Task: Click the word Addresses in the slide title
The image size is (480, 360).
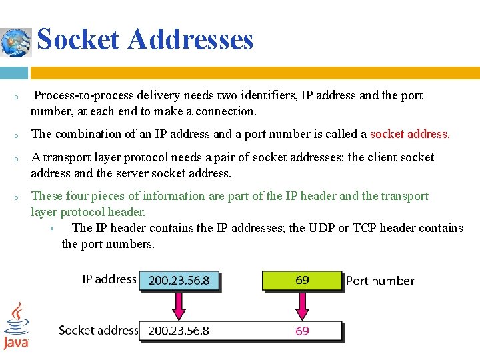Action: tap(191, 39)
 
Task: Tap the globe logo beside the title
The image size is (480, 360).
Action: tap(16, 42)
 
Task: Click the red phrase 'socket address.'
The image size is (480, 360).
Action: tap(410, 134)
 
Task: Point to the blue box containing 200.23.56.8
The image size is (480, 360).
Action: tap(179, 281)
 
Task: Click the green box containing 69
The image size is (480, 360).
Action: tap(302, 280)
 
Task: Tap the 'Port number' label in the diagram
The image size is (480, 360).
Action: tap(380, 281)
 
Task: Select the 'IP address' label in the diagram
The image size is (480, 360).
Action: tap(109, 279)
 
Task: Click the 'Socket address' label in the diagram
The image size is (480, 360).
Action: tap(98, 330)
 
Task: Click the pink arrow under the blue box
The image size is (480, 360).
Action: tap(179, 305)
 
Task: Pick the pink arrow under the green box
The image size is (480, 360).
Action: tap(302, 305)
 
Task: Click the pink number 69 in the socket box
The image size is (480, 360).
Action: tap(302, 331)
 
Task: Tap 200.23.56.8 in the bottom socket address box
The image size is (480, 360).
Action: tap(179, 331)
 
